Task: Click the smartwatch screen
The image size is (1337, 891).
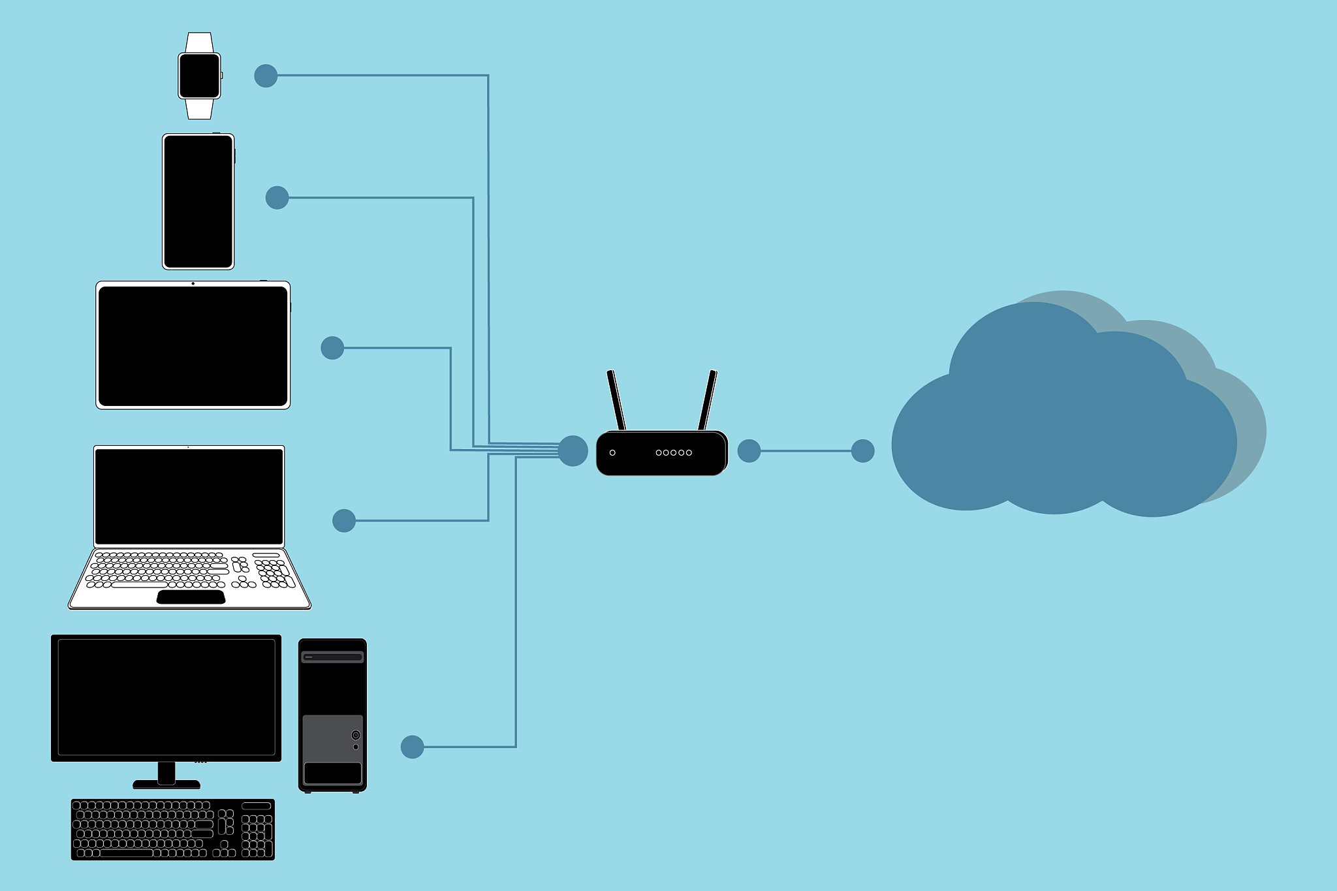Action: pos(199,76)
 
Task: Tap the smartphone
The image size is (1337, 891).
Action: pos(198,201)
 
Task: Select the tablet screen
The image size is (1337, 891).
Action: pos(193,345)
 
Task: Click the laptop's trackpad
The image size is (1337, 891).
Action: pos(191,597)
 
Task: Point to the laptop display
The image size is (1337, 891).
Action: pos(189,496)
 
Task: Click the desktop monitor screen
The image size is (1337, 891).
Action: pos(166,696)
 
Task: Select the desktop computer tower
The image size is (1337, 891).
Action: pos(332,715)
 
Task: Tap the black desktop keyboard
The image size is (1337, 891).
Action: pos(172,829)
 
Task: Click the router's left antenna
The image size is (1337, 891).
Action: pos(616,399)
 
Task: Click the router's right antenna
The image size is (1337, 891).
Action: pos(708,399)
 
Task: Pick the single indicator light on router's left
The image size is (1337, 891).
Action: pos(612,452)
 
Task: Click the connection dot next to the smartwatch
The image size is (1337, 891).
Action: pos(266,76)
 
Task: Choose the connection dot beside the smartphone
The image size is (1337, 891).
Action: pos(277,198)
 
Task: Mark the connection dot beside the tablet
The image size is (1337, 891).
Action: pos(332,348)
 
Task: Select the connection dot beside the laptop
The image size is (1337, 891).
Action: pos(344,521)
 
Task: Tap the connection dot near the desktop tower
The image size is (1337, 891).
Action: pos(412,747)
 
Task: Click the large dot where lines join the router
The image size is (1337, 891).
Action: pos(573,450)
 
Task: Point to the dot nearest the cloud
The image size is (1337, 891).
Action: pos(862,451)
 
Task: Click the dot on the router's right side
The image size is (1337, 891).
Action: pos(749,451)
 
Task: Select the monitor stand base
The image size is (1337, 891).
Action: pos(166,784)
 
